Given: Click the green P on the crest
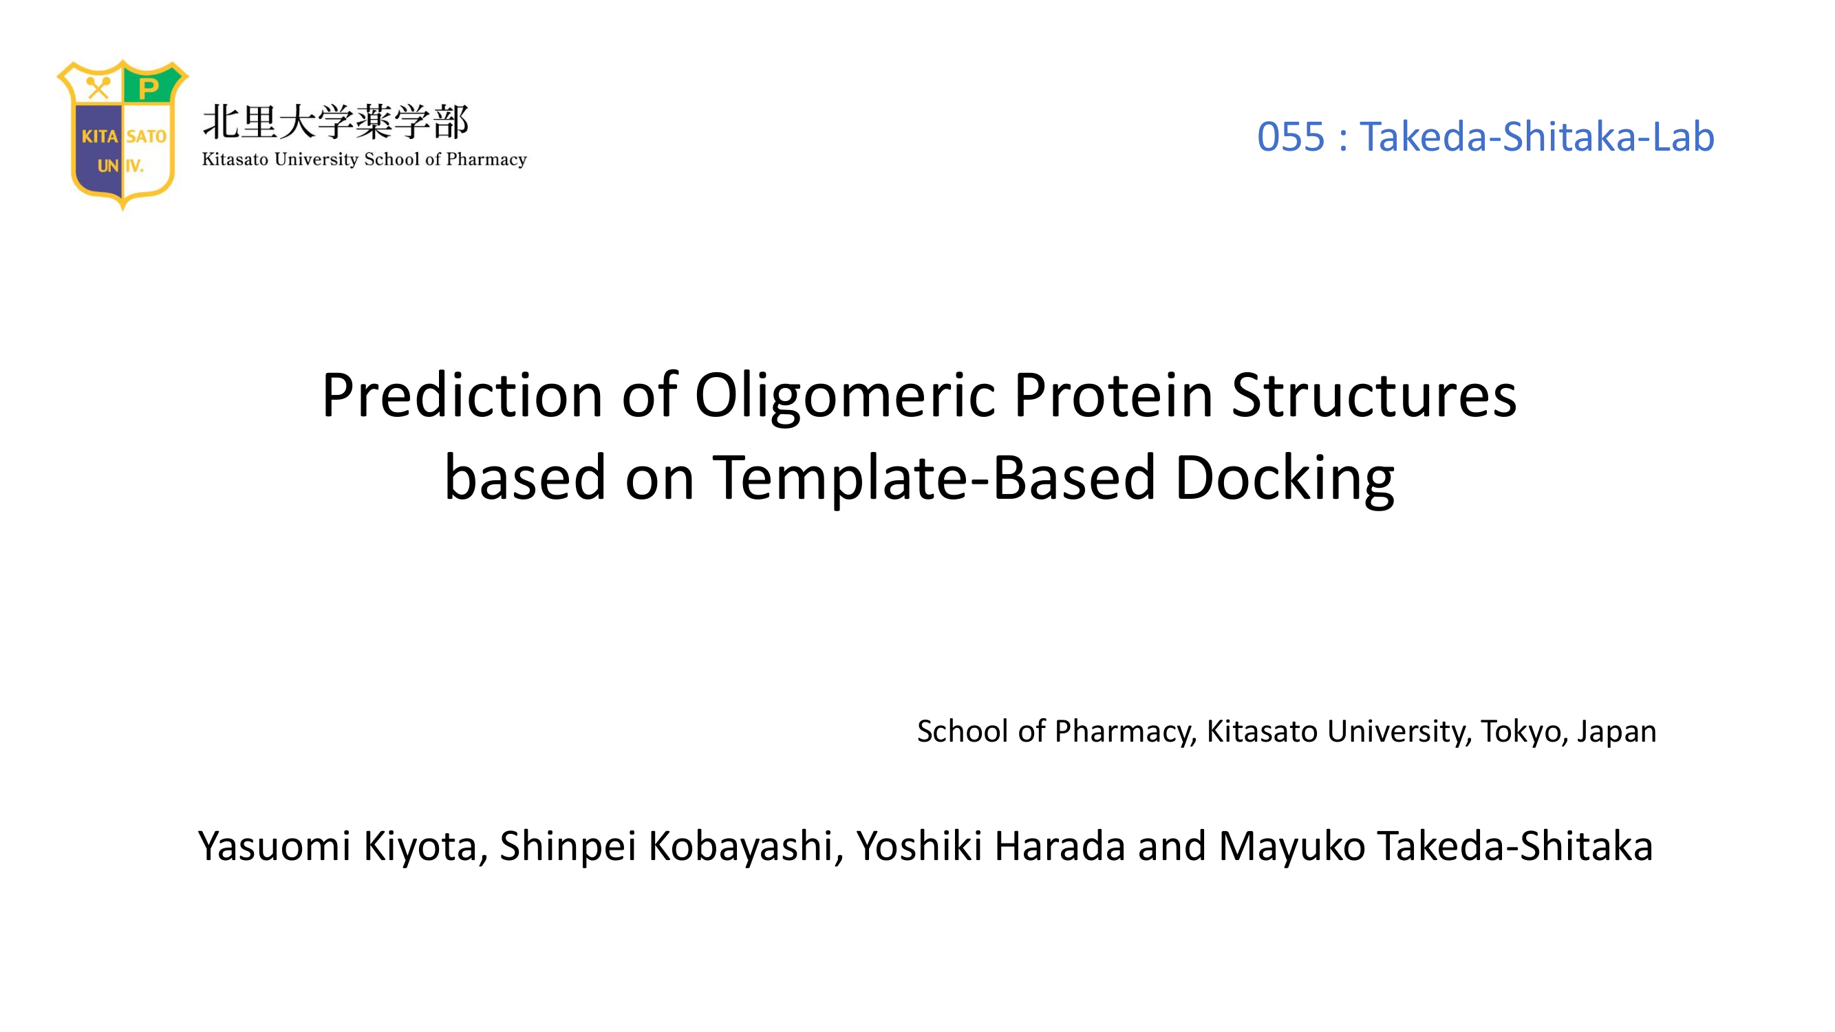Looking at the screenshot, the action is point(149,89).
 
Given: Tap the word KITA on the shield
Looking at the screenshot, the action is point(100,136).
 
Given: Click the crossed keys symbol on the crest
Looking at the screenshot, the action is point(98,88).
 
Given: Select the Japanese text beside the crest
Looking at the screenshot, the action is point(336,122).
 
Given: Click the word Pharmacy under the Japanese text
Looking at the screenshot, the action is point(486,160).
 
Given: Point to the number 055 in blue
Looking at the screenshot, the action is point(1290,136).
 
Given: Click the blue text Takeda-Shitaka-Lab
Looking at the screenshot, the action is point(1536,136).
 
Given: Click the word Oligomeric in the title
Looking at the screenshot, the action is point(845,398).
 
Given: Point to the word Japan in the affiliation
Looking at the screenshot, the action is point(1616,732).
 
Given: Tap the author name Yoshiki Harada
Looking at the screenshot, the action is point(991,846).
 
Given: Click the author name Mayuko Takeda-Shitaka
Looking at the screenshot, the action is point(1435,846).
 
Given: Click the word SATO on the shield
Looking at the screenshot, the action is point(146,136).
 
